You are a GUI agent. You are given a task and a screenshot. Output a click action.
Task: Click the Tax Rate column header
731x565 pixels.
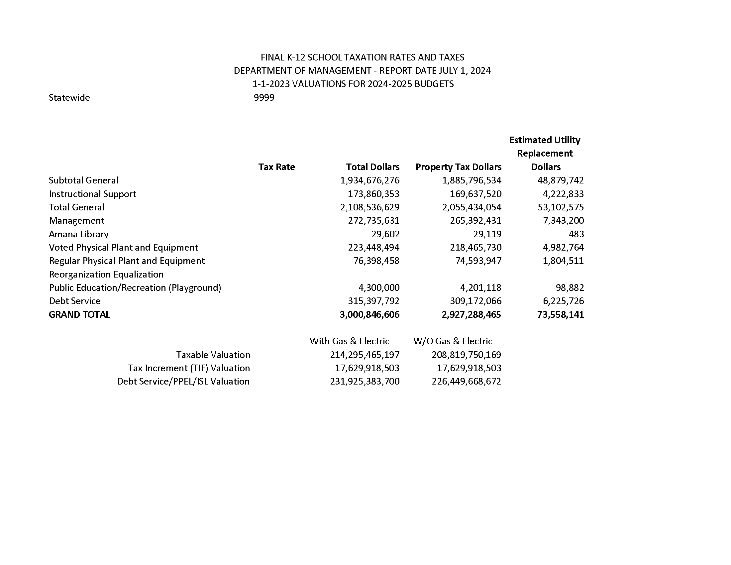(x=276, y=167)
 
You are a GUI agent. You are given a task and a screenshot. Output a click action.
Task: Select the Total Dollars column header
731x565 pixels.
(x=372, y=167)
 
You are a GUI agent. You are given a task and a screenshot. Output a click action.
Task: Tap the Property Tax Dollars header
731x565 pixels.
(x=458, y=167)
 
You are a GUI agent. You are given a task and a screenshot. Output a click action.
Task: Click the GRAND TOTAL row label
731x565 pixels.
(x=79, y=315)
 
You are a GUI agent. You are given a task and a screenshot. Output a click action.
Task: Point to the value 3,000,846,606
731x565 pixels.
(x=369, y=315)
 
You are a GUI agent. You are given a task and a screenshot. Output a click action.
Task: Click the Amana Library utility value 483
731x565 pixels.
(x=576, y=234)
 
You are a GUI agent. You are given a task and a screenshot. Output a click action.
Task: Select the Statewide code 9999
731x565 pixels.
(x=264, y=97)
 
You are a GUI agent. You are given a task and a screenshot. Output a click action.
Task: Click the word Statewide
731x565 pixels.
(x=69, y=97)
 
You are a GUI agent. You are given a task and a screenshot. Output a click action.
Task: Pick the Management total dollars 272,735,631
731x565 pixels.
(x=373, y=221)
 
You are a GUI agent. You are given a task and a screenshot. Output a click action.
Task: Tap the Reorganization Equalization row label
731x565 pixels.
(x=106, y=275)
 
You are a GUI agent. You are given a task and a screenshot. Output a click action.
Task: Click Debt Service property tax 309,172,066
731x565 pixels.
(x=475, y=301)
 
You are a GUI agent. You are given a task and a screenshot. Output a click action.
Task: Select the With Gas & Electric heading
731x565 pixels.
(x=349, y=341)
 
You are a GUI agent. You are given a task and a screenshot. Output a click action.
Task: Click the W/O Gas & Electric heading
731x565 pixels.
(x=453, y=341)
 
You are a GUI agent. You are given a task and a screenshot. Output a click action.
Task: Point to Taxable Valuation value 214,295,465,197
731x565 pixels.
(x=365, y=355)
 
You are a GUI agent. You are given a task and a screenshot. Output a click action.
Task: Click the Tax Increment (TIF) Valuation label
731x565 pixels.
(x=189, y=368)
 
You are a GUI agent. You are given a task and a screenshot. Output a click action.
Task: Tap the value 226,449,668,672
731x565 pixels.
(x=466, y=382)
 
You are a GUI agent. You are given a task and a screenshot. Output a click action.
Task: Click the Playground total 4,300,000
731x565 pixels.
(x=378, y=288)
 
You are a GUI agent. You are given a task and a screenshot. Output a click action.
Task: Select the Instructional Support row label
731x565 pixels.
(x=92, y=194)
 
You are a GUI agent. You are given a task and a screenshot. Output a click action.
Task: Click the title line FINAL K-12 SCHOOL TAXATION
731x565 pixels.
(x=362, y=57)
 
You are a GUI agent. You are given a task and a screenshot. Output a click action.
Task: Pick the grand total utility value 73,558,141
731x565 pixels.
(x=560, y=315)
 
